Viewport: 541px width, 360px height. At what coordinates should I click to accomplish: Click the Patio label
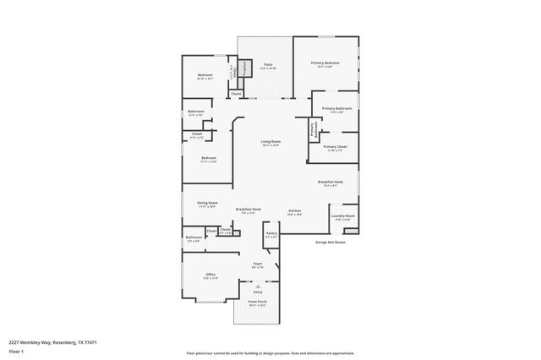(x=268, y=64)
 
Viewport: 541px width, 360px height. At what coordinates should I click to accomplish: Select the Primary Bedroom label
(x=325, y=63)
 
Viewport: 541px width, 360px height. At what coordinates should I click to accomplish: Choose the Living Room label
(x=270, y=141)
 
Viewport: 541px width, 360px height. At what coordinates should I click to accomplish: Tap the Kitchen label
(x=294, y=210)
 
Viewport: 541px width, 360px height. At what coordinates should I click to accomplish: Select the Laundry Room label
(x=342, y=215)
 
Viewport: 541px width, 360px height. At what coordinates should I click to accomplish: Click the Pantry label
(x=271, y=233)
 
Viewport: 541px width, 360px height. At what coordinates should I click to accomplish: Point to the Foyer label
(x=258, y=264)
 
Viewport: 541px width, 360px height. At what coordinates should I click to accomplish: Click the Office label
(x=210, y=275)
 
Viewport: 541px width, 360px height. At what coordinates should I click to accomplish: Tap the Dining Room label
(x=208, y=203)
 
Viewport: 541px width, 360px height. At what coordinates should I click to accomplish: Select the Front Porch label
(x=257, y=301)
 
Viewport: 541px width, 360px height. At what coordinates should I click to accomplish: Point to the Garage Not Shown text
(x=331, y=242)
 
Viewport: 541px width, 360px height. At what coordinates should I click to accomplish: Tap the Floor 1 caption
(x=16, y=351)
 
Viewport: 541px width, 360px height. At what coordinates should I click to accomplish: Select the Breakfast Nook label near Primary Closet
(x=330, y=182)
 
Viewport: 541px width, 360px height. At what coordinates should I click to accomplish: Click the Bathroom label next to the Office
(x=194, y=237)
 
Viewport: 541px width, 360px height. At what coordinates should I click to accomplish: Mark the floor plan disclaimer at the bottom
(x=270, y=353)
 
